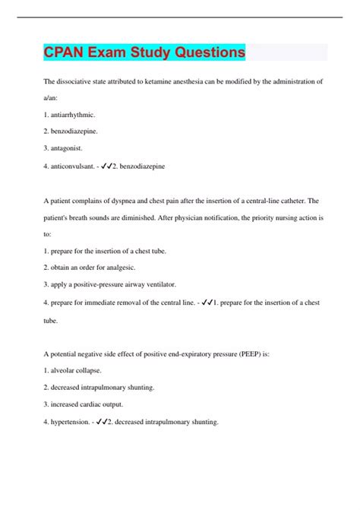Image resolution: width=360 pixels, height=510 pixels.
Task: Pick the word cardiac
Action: click(99, 404)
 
